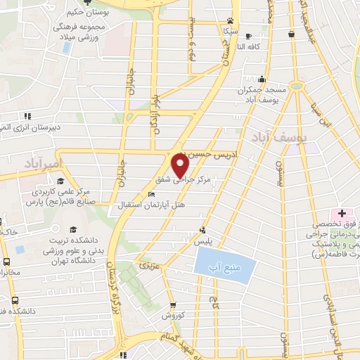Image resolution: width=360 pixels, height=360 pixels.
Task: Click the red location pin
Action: (180, 165)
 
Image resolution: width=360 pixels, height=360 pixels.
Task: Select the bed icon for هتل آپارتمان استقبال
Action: (151, 193)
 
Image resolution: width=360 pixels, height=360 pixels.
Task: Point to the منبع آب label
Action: (222, 267)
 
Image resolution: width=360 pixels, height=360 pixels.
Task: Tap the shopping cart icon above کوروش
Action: (172, 304)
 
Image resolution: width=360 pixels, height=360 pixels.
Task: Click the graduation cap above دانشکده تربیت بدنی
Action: (72, 229)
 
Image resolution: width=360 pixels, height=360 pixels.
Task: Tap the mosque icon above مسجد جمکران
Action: (262, 79)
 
